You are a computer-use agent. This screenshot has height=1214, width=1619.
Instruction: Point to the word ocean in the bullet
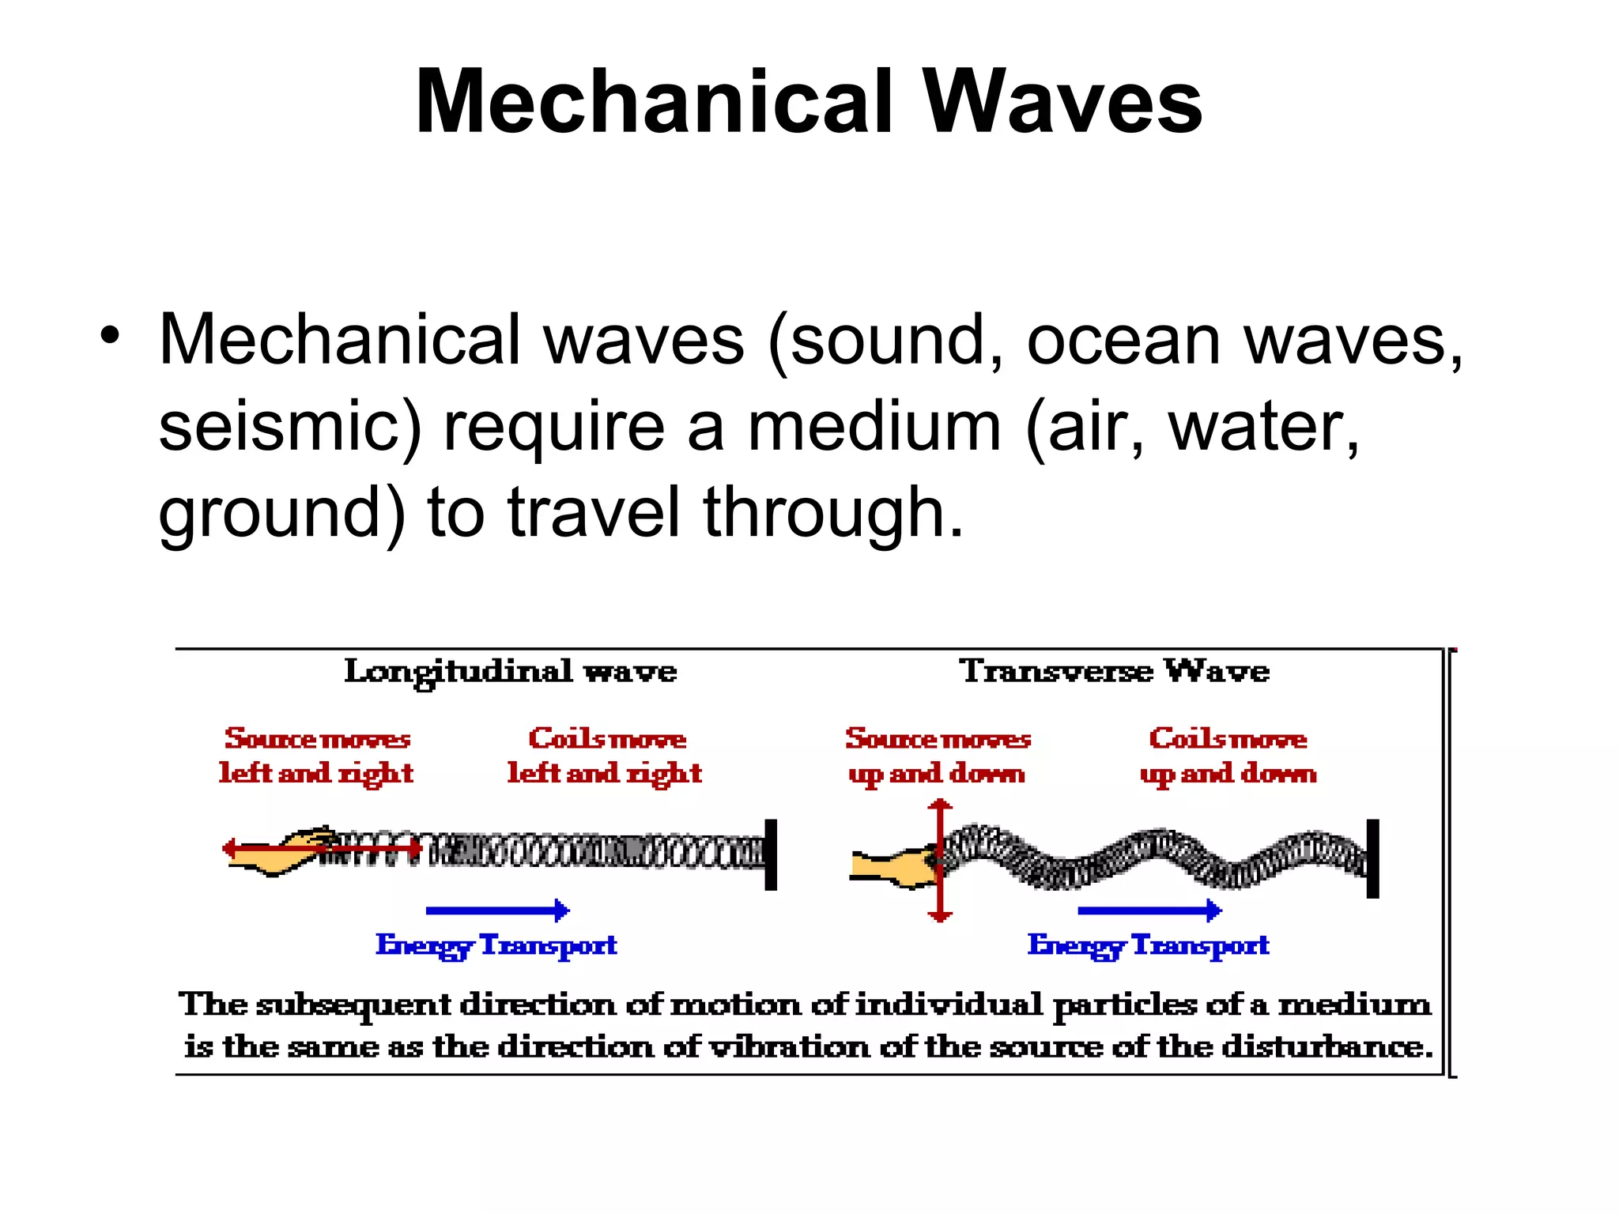[1123, 340]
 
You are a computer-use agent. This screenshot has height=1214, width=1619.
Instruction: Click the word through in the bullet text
[833, 513]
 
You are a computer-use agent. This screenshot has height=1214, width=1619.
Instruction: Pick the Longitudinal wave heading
[511, 672]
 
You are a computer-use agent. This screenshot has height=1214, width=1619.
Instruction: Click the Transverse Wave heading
[1114, 671]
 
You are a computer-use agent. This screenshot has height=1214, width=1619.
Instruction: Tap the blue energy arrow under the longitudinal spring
[497, 910]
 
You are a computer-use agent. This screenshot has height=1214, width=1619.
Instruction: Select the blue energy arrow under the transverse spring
[1149, 910]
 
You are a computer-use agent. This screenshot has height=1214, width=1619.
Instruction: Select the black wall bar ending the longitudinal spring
[771, 854]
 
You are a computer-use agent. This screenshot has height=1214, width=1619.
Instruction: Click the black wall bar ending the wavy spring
[1372, 858]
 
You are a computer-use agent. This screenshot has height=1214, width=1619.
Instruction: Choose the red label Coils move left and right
[605, 756]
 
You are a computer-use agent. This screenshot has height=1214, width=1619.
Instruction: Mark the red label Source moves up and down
[938, 756]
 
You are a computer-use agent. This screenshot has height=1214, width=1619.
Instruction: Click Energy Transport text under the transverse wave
[1148, 945]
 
